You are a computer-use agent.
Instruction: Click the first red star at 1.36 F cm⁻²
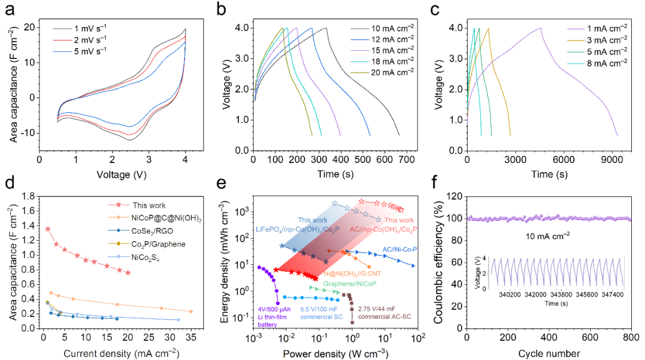click(48, 229)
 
